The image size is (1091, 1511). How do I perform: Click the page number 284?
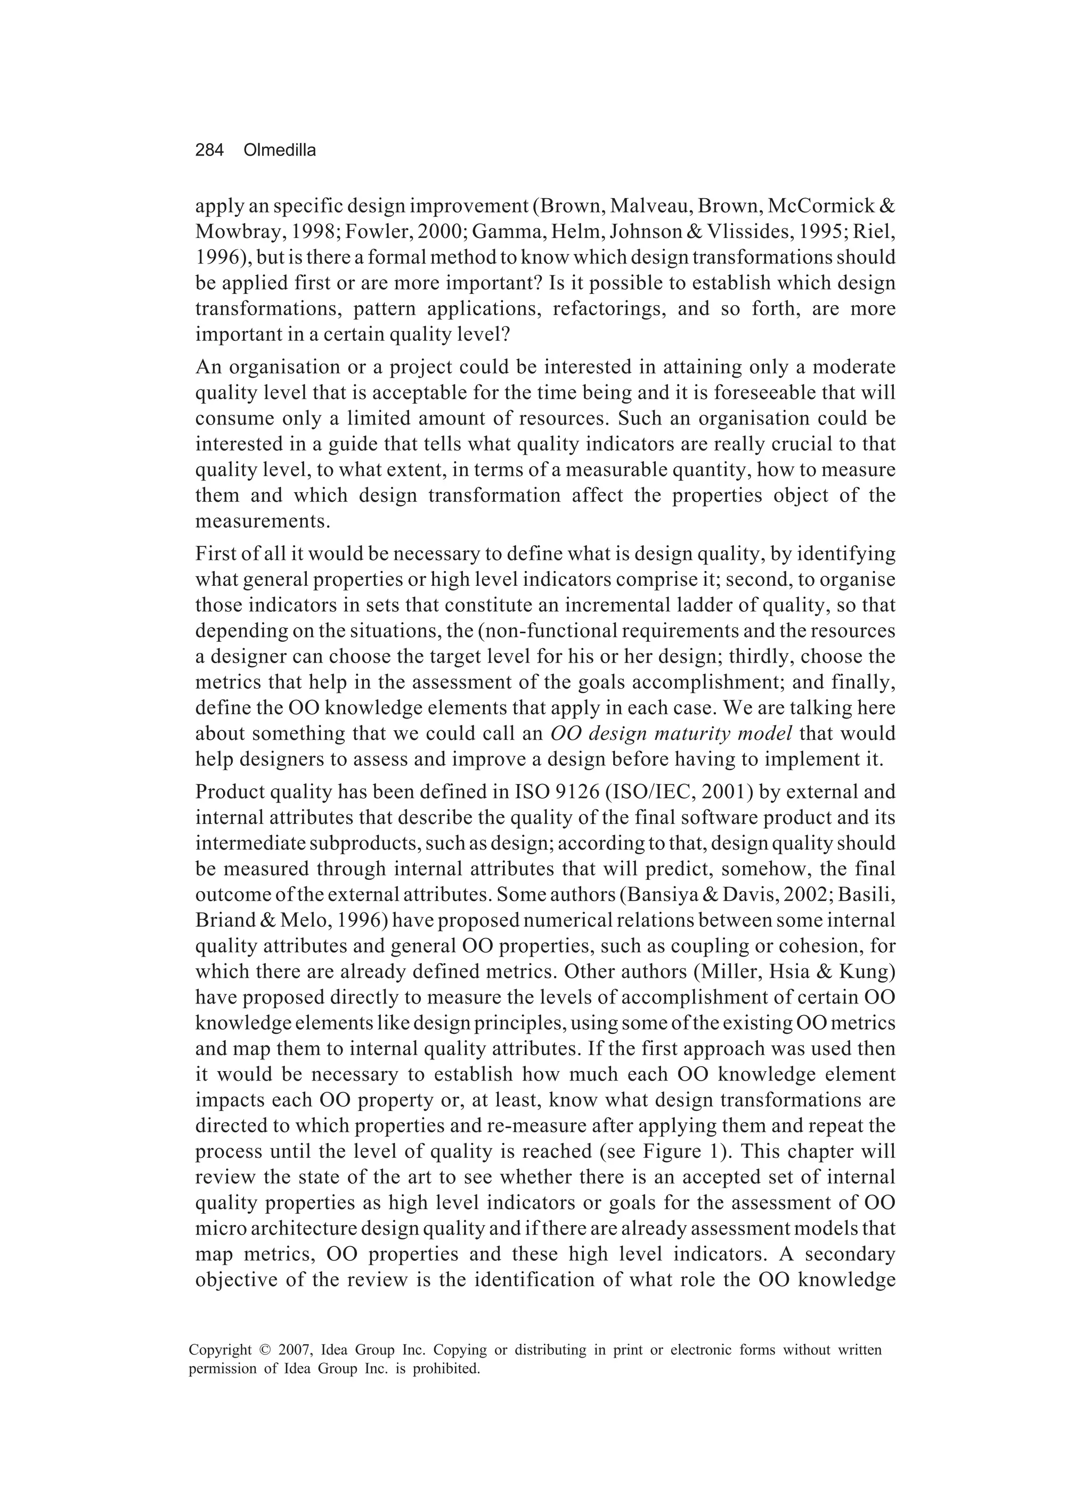point(209,151)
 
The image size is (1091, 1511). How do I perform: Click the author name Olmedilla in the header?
point(280,151)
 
